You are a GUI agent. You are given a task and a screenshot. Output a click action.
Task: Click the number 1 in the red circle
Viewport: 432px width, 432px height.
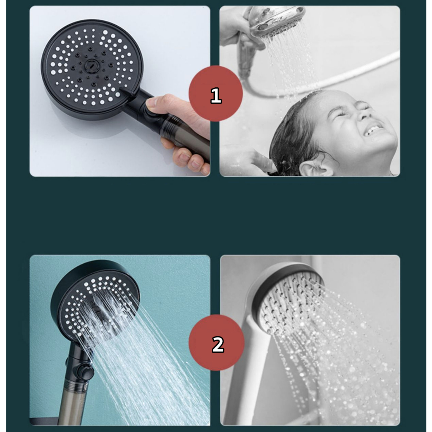[x=216, y=95]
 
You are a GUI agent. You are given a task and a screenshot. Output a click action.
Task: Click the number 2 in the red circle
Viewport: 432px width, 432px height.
[x=218, y=344]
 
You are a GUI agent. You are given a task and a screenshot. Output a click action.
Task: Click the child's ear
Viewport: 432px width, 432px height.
[x=314, y=168]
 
